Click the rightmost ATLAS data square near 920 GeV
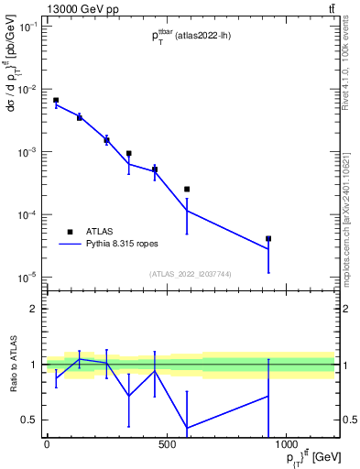point(268,238)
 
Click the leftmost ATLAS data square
point(56,100)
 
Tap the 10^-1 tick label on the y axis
point(27,27)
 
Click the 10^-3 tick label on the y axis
point(27,152)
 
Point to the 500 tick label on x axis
point(167,446)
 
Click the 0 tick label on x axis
point(47,446)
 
